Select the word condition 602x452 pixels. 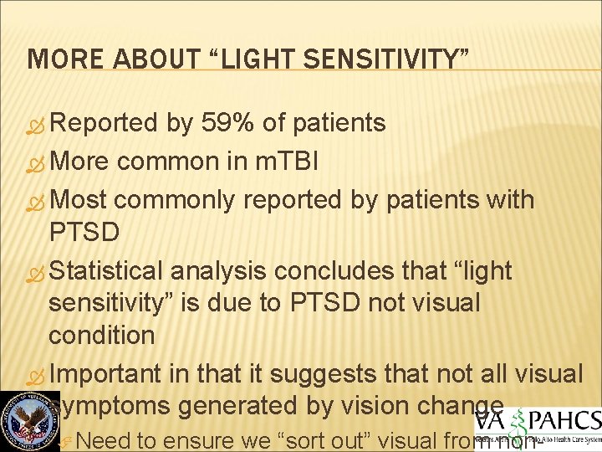coord(101,335)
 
